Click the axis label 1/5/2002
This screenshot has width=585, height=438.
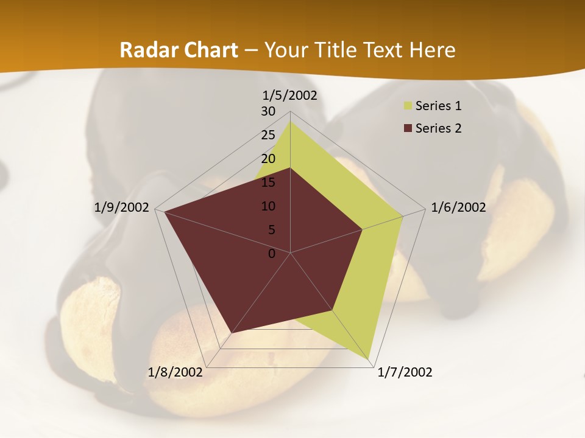click(x=289, y=96)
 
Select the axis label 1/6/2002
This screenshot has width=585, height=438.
click(x=458, y=207)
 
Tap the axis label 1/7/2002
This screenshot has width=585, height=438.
click(x=405, y=372)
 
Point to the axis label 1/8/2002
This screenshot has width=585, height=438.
click(x=175, y=372)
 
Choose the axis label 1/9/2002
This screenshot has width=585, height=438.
click(x=122, y=207)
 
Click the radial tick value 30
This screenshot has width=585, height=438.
click(x=268, y=111)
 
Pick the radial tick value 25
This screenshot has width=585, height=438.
click(x=268, y=135)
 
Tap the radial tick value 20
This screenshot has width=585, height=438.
click(x=268, y=159)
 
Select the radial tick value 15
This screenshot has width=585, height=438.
click(x=268, y=182)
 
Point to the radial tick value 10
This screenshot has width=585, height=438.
click(x=268, y=206)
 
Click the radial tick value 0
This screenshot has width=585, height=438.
click(x=272, y=254)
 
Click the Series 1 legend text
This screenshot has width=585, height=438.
click(x=438, y=106)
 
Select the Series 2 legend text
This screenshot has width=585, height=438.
click(x=438, y=128)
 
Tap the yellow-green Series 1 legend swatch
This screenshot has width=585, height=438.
click(x=408, y=106)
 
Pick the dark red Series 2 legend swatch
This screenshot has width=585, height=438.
click(x=408, y=128)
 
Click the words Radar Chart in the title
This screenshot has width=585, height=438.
click(x=179, y=50)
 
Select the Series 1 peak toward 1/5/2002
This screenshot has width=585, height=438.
click(x=290, y=122)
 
